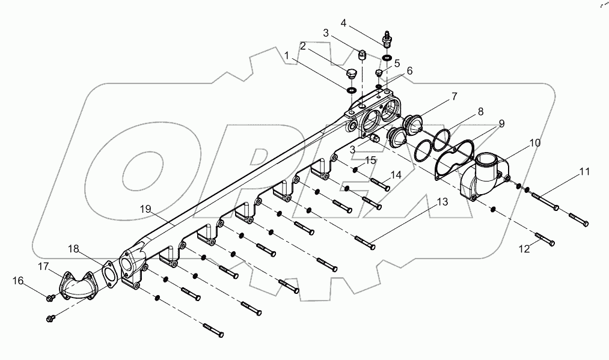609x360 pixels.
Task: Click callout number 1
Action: [287, 55]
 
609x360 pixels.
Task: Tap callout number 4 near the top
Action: [343, 23]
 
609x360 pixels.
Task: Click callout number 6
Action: [409, 70]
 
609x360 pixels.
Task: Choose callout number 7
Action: [454, 96]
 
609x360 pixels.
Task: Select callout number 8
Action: [480, 111]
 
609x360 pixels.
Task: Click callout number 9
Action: [501, 122]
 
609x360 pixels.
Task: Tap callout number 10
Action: [518, 144]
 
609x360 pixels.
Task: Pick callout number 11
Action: [584, 172]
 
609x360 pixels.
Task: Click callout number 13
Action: [442, 203]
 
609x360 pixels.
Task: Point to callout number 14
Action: [395, 175]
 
